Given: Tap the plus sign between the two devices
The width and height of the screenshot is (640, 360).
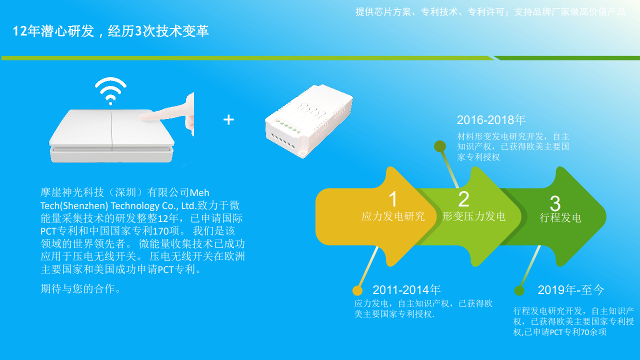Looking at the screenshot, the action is click(228, 119).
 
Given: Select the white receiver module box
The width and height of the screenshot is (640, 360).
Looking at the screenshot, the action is click(309, 120).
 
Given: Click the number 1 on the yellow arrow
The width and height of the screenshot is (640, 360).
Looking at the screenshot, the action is click(393, 199).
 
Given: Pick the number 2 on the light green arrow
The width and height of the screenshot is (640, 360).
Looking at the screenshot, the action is click(463, 199).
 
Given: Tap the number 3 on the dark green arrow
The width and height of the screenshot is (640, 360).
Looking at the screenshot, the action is click(555, 203).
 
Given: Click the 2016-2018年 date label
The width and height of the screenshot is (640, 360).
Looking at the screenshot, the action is click(491, 120).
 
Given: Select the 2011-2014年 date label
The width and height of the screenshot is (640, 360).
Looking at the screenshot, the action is click(406, 290).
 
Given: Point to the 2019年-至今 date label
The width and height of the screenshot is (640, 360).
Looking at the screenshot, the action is click(571, 290).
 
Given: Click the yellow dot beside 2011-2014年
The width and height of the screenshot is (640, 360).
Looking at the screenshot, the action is click(357, 290).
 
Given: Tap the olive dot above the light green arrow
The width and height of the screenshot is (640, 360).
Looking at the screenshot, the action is click(440, 146).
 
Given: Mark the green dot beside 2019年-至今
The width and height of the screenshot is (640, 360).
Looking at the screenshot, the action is click(519, 291).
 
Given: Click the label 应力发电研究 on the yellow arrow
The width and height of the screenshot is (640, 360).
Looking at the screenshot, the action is click(393, 216).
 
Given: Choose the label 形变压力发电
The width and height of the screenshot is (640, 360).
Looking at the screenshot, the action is click(474, 216).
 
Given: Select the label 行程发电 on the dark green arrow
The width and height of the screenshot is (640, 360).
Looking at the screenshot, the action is click(560, 217).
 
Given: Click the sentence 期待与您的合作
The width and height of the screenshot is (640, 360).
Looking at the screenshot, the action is click(80, 289).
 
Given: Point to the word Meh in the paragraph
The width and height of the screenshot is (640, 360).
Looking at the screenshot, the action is click(199, 193).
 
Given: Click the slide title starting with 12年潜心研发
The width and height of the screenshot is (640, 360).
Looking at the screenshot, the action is click(110, 31).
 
